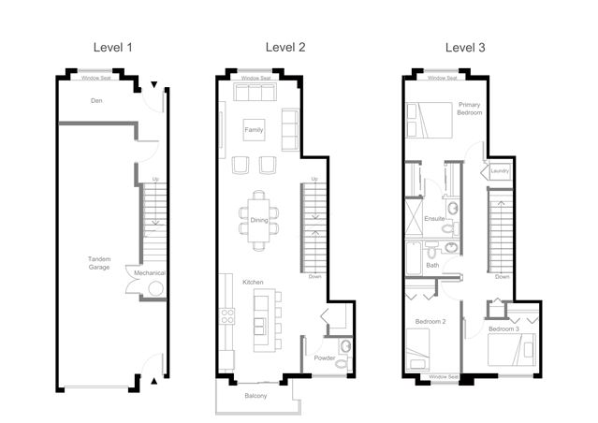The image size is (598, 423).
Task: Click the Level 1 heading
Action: pos(113,48)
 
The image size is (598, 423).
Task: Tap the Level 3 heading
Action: pos(465,48)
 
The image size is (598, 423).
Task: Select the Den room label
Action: pos(96,101)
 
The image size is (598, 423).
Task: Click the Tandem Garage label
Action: pos(99,263)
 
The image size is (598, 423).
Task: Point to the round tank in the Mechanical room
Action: pos(156,288)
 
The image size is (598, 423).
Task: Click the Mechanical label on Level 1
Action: pos(149,272)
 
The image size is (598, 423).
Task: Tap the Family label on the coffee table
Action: pos(254,130)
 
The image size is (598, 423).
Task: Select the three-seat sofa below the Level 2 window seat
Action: pos(255,92)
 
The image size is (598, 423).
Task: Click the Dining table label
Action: pos(259,220)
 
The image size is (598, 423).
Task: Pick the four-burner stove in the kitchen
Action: pos(227,316)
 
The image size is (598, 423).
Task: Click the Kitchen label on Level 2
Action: pos(253,282)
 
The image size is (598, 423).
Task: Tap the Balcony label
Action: pos(255,396)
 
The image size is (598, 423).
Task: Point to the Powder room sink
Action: pos(345,346)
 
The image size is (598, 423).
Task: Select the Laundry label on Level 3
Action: pos(500,171)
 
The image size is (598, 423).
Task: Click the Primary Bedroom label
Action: pos(470,109)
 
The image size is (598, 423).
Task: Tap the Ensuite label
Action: pos(434,219)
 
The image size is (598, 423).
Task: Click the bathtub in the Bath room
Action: pos(414,257)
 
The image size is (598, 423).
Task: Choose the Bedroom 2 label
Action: pos(430,322)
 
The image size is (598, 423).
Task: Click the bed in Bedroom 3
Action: pos(511,349)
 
